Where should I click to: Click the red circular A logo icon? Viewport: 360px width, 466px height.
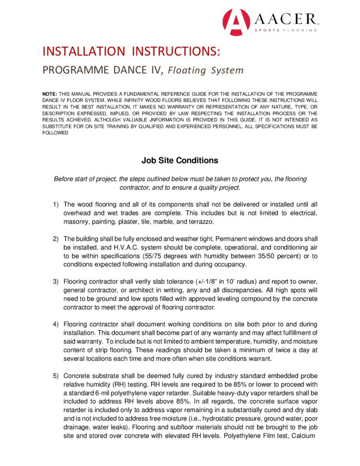pyautogui.click(x=237, y=22)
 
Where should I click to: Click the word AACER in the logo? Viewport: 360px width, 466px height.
pyautogui.click(x=284, y=19)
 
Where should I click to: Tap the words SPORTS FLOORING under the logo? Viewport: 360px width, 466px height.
pyautogui.click(x=285, y=30)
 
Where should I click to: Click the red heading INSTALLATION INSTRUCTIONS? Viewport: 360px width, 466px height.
pyautogui.click(x=132, y=51)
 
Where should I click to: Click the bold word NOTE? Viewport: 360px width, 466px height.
pyautogui.click(x=50, y=93)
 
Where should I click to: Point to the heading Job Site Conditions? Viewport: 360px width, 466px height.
pyautogui.click(x=180, y=161)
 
